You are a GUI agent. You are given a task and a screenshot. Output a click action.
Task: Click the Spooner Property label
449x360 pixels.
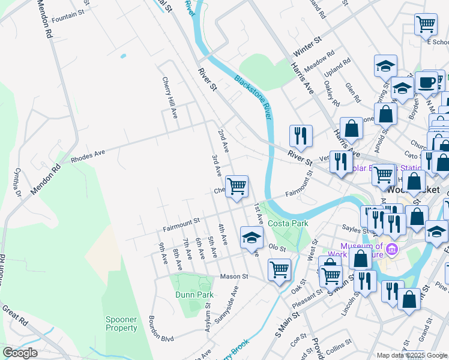click(x=121, y=323)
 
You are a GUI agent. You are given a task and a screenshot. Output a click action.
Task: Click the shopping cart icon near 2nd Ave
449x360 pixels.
click(x=237, y=187)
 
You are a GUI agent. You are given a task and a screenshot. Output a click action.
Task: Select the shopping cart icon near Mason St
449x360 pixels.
click(x=280, y=269)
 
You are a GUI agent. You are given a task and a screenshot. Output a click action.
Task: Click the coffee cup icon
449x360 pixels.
click(x=426, y=83)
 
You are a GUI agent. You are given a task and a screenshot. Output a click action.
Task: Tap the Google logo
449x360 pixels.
click(x=20, y=353)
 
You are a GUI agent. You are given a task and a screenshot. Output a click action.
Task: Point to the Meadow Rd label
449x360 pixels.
click(x=319, y=60)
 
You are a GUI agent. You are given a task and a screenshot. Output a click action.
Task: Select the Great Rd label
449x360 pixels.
click(x=14, y=318)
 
